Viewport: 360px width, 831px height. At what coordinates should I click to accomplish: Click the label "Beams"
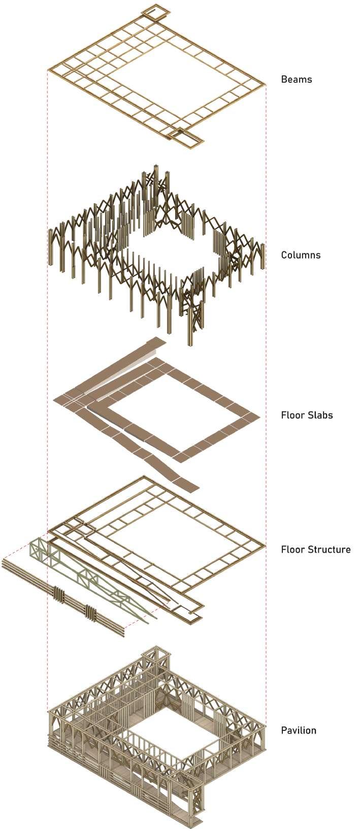(x=296, y=79)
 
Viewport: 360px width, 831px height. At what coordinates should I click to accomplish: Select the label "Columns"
(x=301, y=254)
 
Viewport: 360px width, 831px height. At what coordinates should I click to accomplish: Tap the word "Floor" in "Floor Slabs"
(x=292, y=414)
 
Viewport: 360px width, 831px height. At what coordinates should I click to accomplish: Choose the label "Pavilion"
(x=299, y=730)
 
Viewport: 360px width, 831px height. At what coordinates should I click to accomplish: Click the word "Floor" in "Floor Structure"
(x=292, y=549)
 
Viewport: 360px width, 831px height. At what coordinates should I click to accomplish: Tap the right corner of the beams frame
(x=265, y=83)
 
